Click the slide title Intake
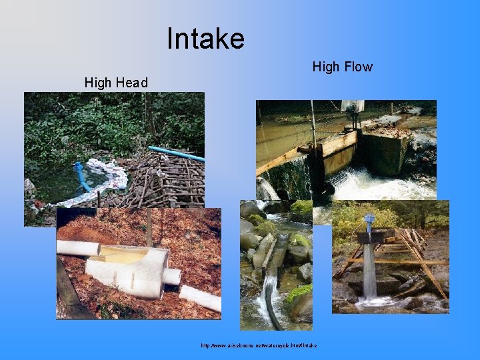click(205, 39)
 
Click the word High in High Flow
click(327, 67)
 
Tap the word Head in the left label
click(131, 83)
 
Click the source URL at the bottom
click(259, 345)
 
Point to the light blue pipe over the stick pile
click(176, 153)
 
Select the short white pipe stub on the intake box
click(171, 276)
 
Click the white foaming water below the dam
click(373, 185)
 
